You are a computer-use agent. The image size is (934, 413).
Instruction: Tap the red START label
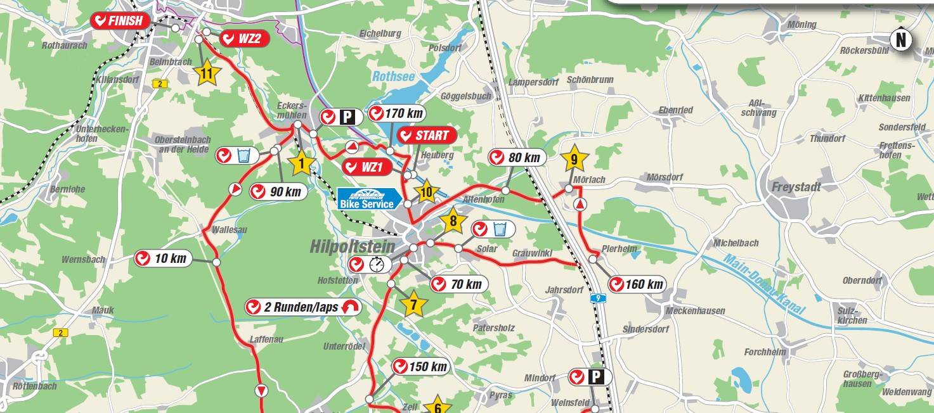(427, 136)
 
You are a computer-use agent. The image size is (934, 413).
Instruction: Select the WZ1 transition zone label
(365, 168)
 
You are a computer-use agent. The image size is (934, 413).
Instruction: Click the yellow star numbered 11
(206, 74)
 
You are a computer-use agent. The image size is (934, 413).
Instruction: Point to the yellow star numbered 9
(574, 160)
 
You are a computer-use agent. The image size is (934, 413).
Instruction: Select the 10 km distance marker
(163, 258)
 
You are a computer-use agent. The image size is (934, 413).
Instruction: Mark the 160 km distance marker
(637, 284)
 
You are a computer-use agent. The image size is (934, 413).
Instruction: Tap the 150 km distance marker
(420, 367)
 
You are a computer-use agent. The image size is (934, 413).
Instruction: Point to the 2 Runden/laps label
(304, 307)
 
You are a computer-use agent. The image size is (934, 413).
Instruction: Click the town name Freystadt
(796, 187)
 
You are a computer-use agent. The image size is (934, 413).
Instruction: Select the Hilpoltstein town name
(352, 246)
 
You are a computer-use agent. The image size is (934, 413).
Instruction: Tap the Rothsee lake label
(393, 77)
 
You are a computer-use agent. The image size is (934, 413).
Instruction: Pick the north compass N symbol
(901, 40)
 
